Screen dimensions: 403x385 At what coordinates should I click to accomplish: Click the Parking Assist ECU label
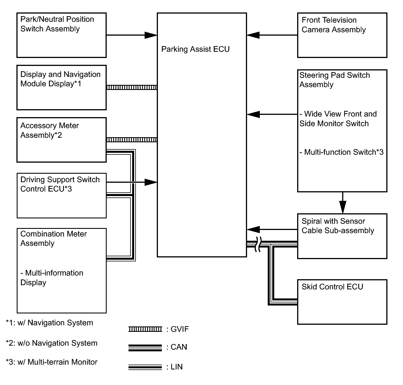pos(195,49)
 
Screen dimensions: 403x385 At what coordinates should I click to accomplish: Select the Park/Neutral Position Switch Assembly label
pos(57,24)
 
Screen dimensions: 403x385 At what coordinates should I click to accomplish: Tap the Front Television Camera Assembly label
pos(333,25)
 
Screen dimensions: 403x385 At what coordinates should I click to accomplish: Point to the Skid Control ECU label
pos(332,287)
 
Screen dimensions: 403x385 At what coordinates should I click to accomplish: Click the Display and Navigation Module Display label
pos(60,79)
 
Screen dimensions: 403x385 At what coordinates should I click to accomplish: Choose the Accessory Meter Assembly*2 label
pos(50,130)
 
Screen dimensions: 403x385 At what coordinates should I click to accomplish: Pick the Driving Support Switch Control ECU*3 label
pos(60,184)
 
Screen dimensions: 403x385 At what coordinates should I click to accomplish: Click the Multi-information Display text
pos(52,278)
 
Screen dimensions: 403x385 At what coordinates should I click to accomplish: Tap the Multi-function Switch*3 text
pos(342,152)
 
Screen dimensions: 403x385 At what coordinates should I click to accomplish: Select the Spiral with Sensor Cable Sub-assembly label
pos(338,226)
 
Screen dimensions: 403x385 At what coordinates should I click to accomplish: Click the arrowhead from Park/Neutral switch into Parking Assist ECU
pos(151,35)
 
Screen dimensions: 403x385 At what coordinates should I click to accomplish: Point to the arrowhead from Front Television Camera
pos(253,35)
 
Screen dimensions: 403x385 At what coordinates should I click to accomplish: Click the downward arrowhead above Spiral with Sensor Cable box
pos(343,207)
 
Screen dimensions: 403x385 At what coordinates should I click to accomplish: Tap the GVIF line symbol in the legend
pos(145,329)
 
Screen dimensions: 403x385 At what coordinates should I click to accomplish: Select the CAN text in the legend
pos(179,347)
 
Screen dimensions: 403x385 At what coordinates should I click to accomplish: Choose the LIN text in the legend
pos(176,367)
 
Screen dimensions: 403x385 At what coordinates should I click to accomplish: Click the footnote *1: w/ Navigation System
pos(50,323)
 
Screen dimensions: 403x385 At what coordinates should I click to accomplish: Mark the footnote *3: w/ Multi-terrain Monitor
pos(52,362)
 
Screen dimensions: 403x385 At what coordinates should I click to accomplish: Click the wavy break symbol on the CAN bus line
pos(258,244)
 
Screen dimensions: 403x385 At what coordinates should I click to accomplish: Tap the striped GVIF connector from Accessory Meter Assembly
pos(132,140)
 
